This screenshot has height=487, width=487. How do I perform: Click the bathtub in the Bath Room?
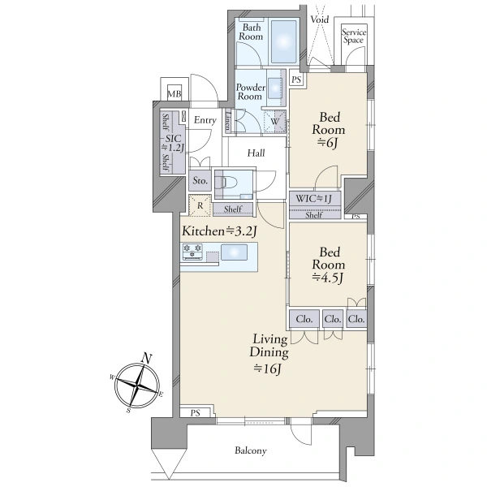(x=284, y=42)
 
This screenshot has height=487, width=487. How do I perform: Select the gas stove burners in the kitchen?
(x=192, y=252)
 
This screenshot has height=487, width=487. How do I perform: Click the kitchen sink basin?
(x=235, y=252)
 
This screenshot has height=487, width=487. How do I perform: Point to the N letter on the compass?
(x=147, y=359)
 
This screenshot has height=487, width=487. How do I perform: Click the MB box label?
(x=175, y=93)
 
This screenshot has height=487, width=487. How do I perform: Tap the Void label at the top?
(x=320, y=19)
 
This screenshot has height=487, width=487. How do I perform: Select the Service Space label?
(x=354, y=36)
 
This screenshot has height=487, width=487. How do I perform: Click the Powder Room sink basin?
(x=275, y=88)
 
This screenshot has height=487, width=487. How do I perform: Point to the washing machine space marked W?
(x=274, y=122)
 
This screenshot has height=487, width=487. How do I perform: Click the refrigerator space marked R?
(x=200, y=205)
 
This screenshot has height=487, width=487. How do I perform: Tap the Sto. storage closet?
(x=200, y=180)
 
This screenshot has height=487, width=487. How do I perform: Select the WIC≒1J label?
(x=313, y=199)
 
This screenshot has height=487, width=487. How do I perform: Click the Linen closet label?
(x=228, y=121)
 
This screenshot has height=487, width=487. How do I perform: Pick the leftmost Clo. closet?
(x=304, y=319)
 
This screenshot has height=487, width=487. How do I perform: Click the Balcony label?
(x=251, y=450)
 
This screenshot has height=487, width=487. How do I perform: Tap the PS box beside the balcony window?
(x=196, y=412)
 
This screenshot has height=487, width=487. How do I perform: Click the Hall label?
(x=256, y=153)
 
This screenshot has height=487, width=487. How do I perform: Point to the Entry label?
(x=205, y=120)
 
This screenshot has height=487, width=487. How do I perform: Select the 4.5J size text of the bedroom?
(x=328, y=278)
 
